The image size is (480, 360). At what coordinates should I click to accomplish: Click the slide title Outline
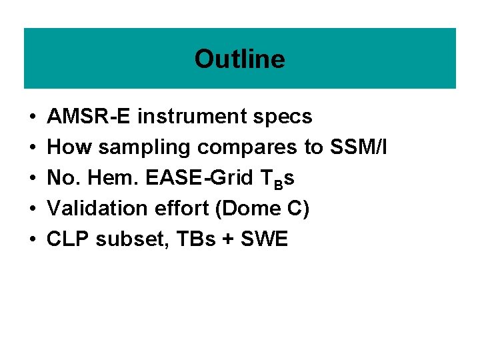(239, 59)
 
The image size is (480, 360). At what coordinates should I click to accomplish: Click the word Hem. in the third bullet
(123, 178)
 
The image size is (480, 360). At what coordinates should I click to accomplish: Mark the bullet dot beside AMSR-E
(33, 117)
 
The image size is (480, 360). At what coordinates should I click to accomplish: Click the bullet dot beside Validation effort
(33, 209)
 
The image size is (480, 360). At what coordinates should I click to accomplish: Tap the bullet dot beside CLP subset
(33, 240)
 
